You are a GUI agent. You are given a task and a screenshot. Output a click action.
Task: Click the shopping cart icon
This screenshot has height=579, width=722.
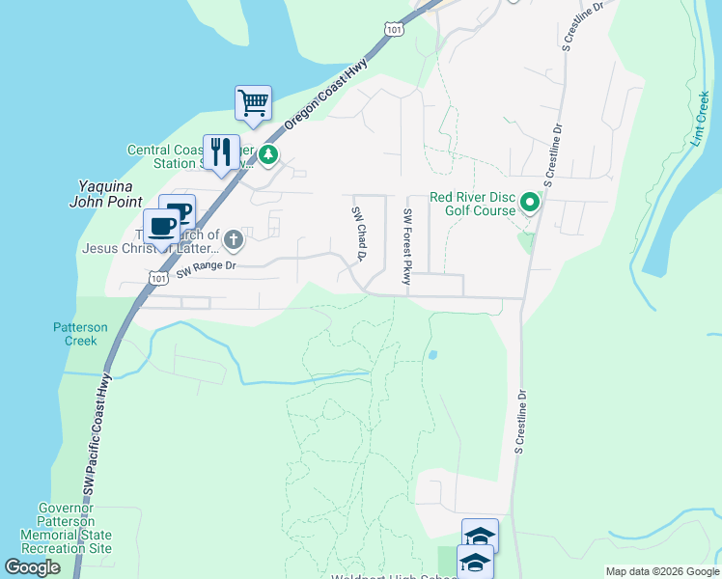253,101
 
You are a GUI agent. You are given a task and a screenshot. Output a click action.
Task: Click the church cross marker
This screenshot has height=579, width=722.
233,238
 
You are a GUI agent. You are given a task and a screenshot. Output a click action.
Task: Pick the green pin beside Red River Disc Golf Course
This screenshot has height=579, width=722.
529,203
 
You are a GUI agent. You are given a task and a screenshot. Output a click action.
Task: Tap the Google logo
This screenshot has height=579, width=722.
32,568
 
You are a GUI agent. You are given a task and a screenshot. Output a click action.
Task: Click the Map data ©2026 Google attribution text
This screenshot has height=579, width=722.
661,571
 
